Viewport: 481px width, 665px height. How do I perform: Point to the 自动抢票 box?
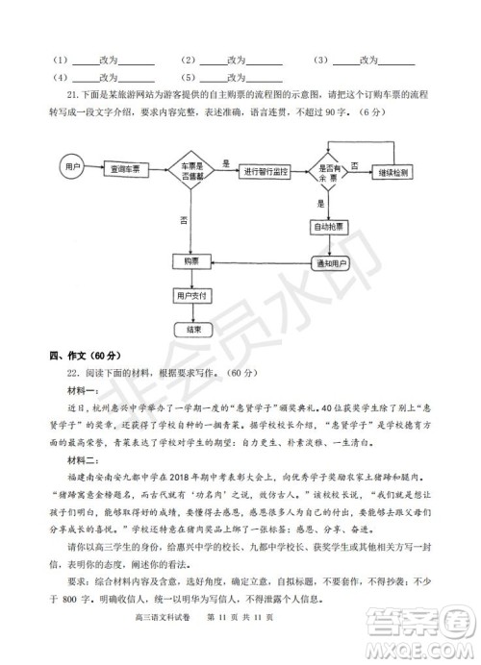(x=330, y=228)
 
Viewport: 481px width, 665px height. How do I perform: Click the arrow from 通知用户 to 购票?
(x=259, y=261)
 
